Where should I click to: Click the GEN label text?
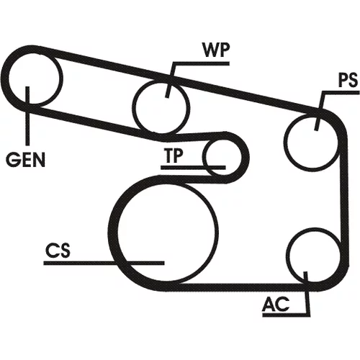(x=25, y=160)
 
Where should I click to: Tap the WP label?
(x=216, y=50)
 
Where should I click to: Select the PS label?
(x=348, y=80)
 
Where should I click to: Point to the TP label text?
(x=174, y=156)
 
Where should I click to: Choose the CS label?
(x=58, y=250)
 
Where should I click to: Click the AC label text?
(x=276, y=304)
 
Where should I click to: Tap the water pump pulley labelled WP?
(x=161, y=107)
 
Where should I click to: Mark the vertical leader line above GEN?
(x=27, y=116)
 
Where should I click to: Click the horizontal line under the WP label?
(x=201, y=63)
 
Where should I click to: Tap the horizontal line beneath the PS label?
(x=341, y=92)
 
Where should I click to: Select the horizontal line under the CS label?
(x=104, y=263)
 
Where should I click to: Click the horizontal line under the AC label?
(x=284, y=315)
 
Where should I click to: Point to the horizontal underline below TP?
(x=193, y=167)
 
